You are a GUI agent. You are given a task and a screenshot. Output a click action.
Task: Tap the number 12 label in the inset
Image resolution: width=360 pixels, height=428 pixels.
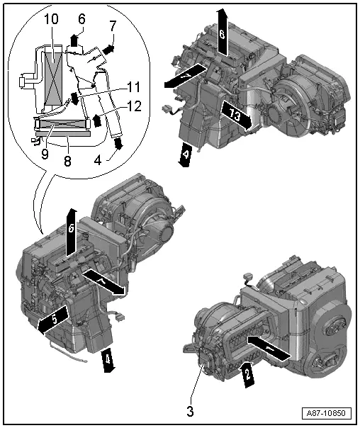[134, 106]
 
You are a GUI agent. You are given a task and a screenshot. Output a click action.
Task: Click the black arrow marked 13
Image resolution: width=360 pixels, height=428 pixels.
[236, 115]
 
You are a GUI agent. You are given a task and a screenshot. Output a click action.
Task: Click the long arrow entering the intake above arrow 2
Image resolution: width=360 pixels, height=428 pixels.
[268, 346]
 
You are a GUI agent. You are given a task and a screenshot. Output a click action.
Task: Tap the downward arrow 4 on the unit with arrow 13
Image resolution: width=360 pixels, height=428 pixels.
[186, 152]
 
